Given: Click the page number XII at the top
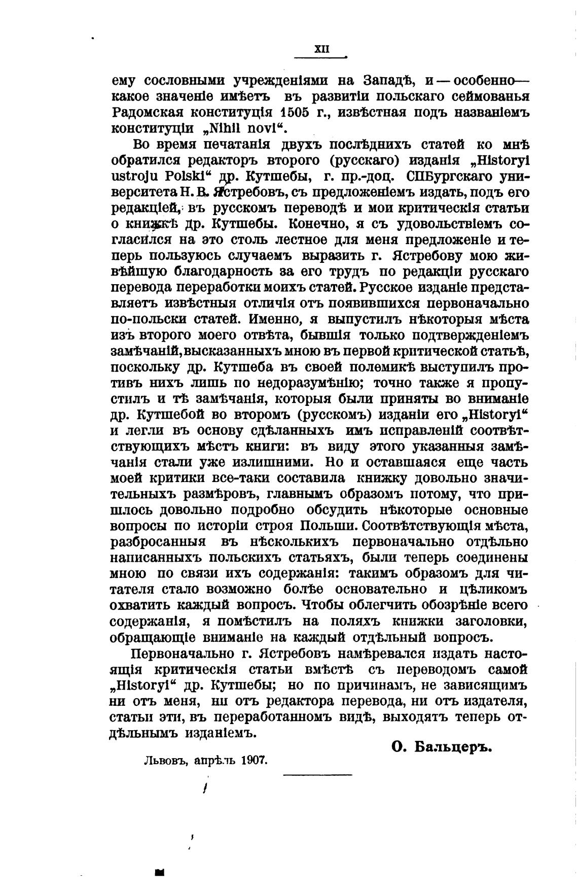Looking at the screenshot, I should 322,49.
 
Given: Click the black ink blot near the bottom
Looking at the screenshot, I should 160,872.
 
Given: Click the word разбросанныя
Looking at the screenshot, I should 158,542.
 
